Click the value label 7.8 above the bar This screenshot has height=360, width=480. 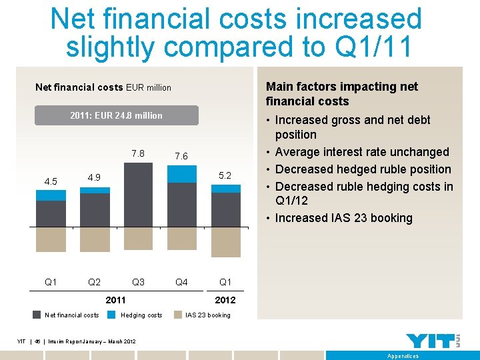[x=138, y=153]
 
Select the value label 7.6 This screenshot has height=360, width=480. [x=181, y=156]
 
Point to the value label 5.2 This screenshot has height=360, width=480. [x=225, y=175]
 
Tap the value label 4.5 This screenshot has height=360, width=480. [x=51, y=181]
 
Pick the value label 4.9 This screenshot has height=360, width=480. [x=94, y=177]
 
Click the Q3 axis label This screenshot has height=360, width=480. [x=138, y=282]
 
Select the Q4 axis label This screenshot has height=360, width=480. [x=181, y=282]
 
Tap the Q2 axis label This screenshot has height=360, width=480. [x=94, y=282]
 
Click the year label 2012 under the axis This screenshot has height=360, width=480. [x=225, y=300]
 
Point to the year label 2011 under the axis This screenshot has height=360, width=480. [x=116, y=300]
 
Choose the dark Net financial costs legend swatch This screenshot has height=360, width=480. [x=38, y=315]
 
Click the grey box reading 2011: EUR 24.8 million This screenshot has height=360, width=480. [x=116, y=115]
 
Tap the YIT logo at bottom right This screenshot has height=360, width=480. [x=433, y=341]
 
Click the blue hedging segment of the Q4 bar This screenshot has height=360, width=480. [x=181, y=173]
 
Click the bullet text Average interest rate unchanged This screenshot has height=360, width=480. [x=362, y=152]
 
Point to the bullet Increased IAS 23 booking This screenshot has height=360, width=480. [x=343, y=218]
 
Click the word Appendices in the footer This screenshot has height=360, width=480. [x=403, y=356]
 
